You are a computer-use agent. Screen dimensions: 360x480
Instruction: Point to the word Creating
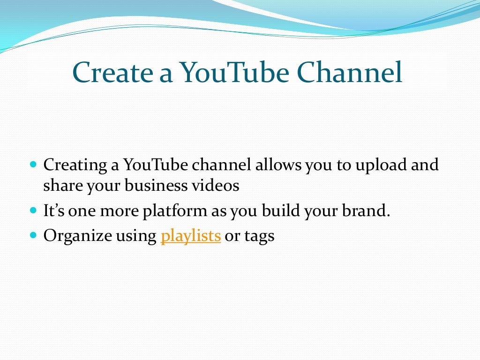pos(75,165)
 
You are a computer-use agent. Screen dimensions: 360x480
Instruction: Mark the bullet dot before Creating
pos(33,165)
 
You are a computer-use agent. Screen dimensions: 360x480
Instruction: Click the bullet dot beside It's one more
pos(33,211)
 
